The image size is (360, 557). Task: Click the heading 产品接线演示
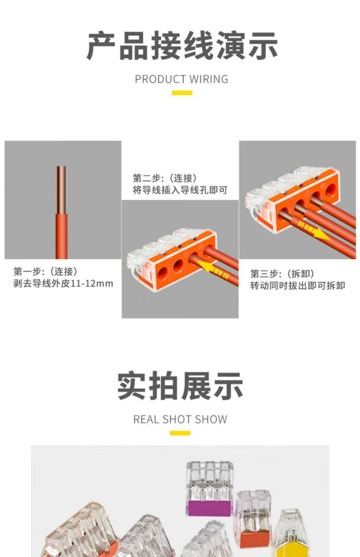pyautogui.click(x=181, y=46)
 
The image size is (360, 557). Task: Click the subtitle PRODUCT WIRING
pyautogui.click(x=181, y=79)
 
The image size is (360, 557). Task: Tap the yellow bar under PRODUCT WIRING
pyautogui.click(x=182, y=93)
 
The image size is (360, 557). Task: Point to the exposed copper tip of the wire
pyautogui.click(x=61, y=190)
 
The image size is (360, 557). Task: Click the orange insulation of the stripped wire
pyautogui.click(x=61, y=236)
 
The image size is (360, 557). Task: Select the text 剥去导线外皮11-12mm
pyautogui.click(x=63, y=284)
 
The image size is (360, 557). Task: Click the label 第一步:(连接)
pyautogui.click(x=45, y=272)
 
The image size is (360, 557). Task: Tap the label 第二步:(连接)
pyautogui.click(x=165, y=178)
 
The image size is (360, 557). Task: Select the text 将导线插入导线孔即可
pyautogui.click(x=180, y=190)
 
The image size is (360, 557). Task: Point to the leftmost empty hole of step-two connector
pyautogui.click(x=163, y=273)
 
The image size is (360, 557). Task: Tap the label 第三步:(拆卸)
pyautogui.click(x=282, y=273)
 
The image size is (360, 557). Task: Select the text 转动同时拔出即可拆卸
pyautogui.click(x=298, y=285)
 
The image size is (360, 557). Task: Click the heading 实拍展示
pyautogui.click(x=180, y=386)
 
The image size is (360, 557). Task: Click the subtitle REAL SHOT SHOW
pyautogui.click(x=180, y=419)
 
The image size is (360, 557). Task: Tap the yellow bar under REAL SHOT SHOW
pyautogui.click(x=180, y=433)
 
